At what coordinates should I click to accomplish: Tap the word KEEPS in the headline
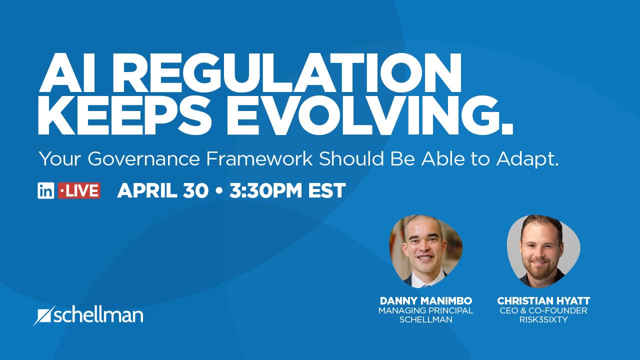[x=125, y=114]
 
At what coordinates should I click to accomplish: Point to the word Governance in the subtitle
[x=143, y=159]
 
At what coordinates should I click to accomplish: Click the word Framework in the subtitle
[x=259, y=159]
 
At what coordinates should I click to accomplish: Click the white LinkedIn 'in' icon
[x=45, y=190]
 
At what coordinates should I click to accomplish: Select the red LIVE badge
[x=79, y=190]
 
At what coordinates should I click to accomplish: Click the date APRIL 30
[x=163, y=190]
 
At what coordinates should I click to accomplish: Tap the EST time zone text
[x=327, y=190]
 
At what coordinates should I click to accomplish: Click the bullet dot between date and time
[x=219, y=191]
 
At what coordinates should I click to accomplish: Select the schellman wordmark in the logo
[x=99, y=315]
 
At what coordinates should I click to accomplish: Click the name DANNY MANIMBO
[x=426, y=301]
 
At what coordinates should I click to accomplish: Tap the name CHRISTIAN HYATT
[x=543, y=301]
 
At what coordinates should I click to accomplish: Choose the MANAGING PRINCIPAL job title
[x=426, y=310]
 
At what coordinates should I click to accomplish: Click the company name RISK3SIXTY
[x=543, y=319]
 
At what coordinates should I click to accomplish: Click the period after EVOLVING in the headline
[x=507, y=129]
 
